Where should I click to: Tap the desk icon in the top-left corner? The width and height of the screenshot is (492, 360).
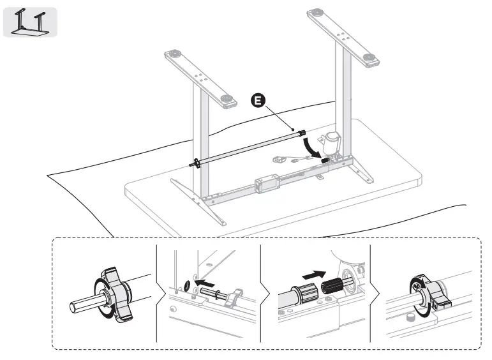point(30,22)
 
